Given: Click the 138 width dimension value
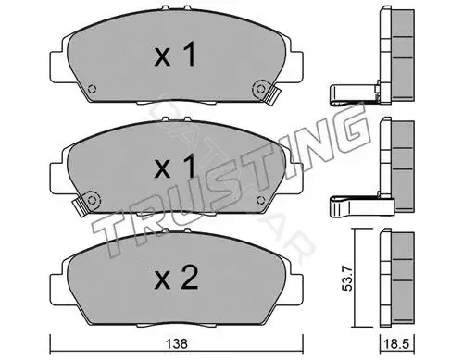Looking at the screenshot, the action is point(177,343).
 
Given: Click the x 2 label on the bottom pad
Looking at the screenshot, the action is point(176,279).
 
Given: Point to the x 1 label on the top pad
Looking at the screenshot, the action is point(175,55).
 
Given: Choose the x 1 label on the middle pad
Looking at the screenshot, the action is point(175,167).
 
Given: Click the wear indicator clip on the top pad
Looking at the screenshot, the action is point(271,96).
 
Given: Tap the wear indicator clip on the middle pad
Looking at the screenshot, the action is point(81,206).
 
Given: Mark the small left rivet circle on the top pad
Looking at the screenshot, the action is point(92,89).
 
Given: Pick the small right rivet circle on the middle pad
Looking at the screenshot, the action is point(261,201).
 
